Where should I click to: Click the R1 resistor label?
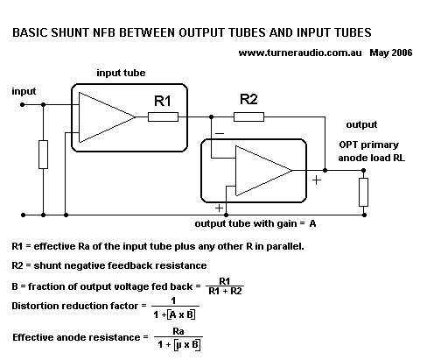163,102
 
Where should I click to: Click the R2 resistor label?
249,97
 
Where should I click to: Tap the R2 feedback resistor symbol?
249,116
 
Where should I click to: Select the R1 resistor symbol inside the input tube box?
164,116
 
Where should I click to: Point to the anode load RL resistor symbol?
363,189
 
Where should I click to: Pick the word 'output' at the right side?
361,125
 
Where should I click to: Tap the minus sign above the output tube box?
218,132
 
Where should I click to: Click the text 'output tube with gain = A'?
255,223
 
